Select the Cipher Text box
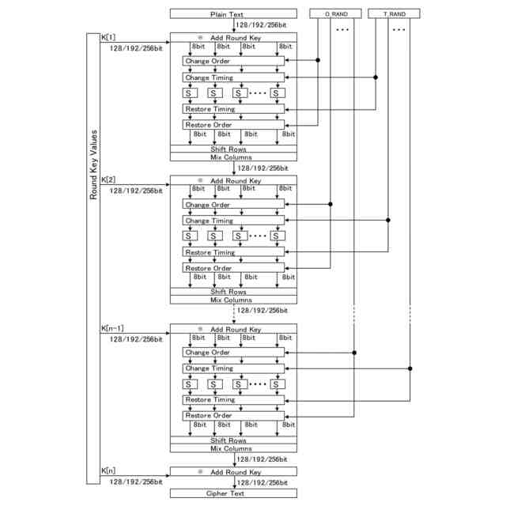(x=232, y=493)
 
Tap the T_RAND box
(x=395, y=14)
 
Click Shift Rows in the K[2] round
(x=232, y=292)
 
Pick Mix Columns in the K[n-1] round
(x=232, y=449)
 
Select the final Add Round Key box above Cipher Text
(x=232, y=472)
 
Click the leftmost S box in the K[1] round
(x=190, y=93)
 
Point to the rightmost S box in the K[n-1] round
(x=277, y=384)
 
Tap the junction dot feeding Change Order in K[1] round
(x=318, y=61)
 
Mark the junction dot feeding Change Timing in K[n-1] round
(x=410, y=368)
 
